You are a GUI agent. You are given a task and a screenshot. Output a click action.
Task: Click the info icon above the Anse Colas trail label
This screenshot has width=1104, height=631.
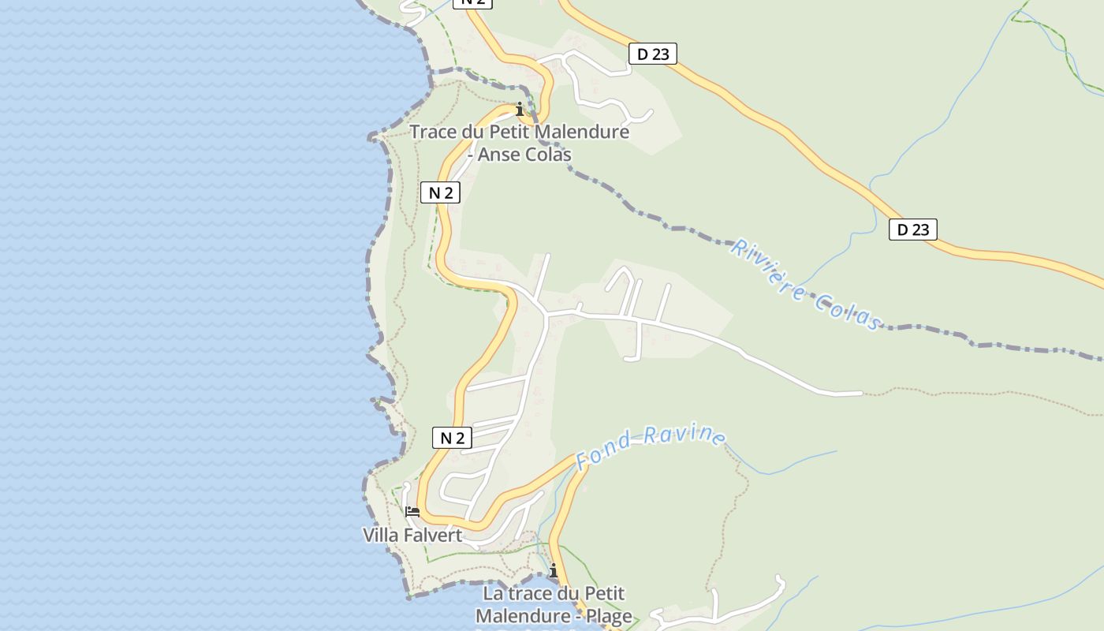[x=520, y=109]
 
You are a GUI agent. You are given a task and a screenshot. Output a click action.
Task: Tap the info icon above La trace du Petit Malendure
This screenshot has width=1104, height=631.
[x=554, y=570]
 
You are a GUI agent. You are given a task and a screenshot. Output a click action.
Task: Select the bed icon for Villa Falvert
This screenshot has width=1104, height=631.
[x=412, y=512]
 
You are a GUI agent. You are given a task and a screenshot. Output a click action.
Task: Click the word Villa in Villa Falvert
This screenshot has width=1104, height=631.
[x=380, y=536]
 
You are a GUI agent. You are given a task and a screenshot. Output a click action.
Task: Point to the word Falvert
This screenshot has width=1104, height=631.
[x=432, y=536]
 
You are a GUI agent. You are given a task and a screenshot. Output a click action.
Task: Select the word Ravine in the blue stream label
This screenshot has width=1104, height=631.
[x=684, y=435]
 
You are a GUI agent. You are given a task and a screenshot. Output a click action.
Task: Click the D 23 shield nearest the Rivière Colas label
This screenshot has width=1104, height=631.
[x=912, y=230]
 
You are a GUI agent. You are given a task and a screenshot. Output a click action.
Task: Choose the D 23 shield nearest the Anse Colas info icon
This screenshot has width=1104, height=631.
[x=653, y=54]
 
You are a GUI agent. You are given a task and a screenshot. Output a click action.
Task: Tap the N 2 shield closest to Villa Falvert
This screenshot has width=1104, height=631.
[x=452, y=438]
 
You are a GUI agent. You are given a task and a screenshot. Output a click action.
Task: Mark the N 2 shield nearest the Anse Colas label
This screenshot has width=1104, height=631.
[x=440, y=192]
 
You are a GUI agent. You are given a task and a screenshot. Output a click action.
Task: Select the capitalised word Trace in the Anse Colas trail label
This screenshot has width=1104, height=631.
[x=434, y=132]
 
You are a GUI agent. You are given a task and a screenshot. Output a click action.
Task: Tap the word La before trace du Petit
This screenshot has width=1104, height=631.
[x=494, y=593]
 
